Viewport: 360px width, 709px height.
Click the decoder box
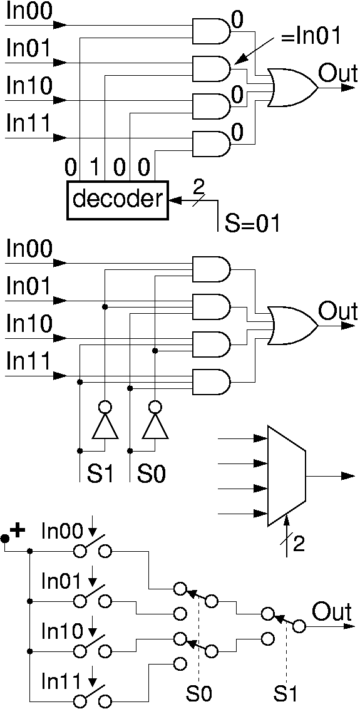coord(117,200)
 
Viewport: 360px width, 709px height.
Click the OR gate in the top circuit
coord(292,88)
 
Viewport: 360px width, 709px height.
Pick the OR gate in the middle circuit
coord(292,326)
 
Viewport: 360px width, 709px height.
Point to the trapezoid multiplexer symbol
coord(287,476)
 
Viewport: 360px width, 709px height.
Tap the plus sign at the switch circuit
coord(18,531)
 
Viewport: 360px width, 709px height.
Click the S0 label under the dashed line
coord(199,692)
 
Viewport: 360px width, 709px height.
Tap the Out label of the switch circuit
coord(332,613)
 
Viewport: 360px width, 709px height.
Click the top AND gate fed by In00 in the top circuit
coord(212,31)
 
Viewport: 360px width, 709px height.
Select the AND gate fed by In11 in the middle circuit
coord(212,382)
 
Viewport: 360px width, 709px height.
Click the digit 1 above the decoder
coord(94,168)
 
